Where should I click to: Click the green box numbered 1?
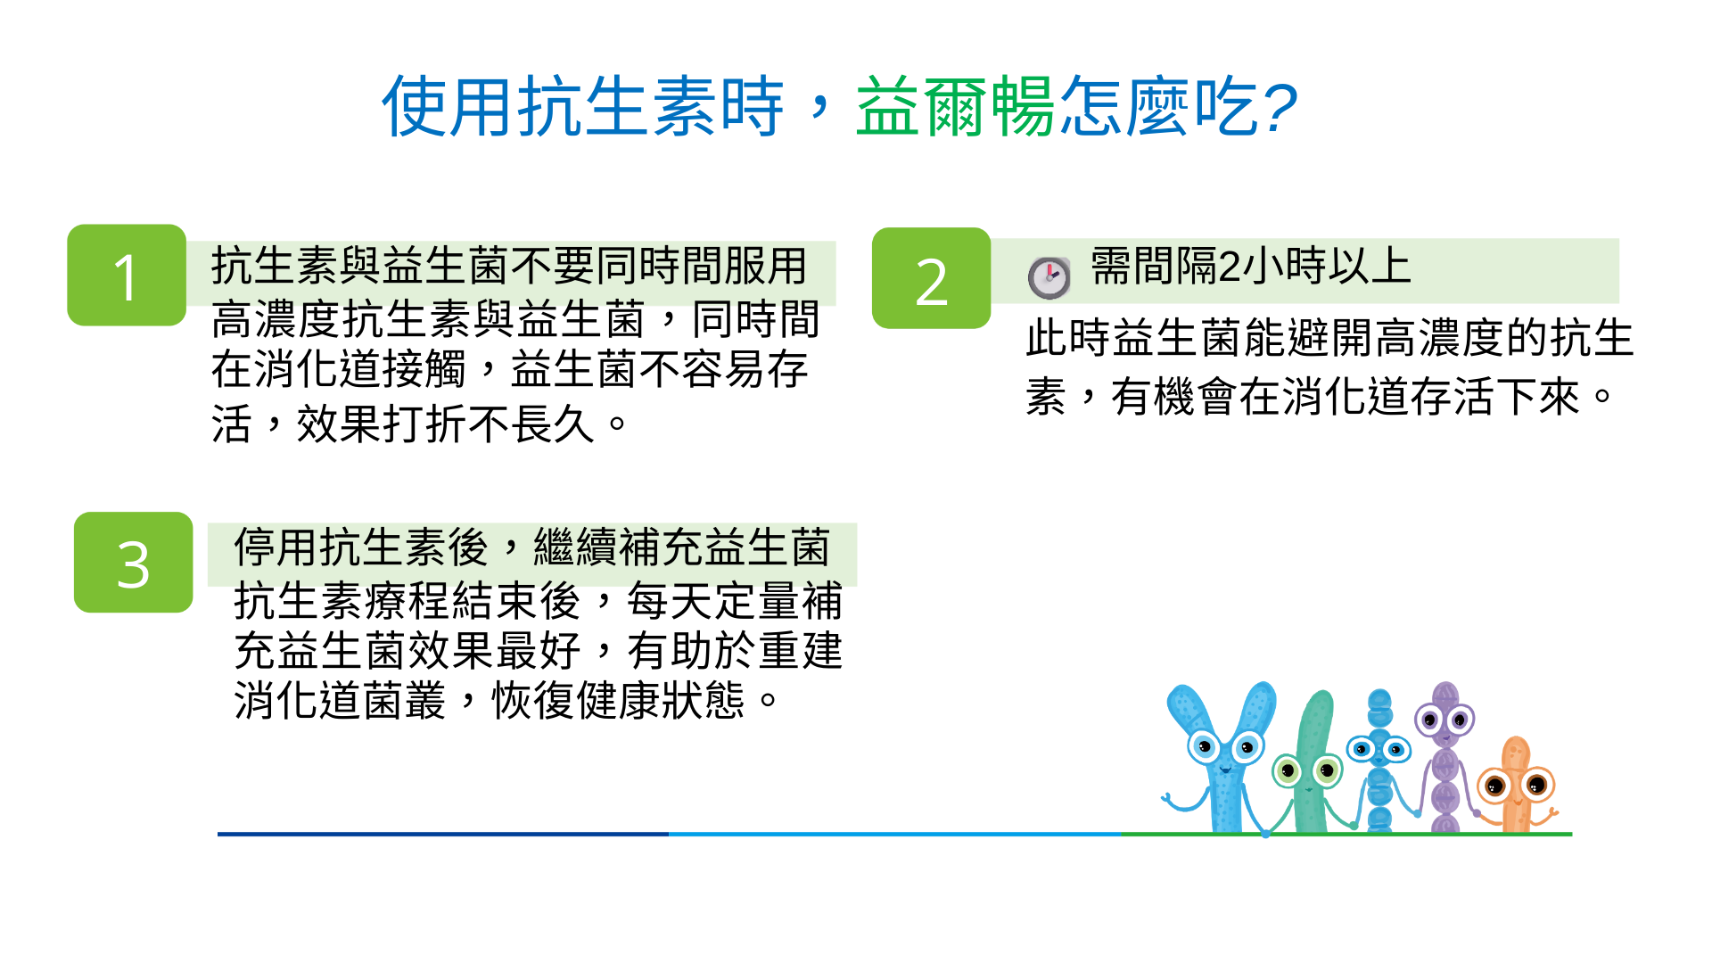point(127,275)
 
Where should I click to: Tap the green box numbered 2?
point(931,278)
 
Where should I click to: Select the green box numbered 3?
point(133,562)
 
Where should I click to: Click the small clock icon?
point(1049,277)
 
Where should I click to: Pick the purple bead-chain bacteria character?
point(1444,758)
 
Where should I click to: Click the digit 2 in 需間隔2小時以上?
point(1230,267)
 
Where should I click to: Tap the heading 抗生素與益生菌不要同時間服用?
point(509,266)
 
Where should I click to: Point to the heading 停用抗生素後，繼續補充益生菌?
point(532,547)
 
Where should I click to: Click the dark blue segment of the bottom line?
point(443,834)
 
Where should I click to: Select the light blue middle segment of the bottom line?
point(895,834)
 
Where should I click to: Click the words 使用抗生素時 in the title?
point(583,107)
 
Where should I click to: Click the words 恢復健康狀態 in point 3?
point(618,701)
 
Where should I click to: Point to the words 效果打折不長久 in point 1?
point(445,424)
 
